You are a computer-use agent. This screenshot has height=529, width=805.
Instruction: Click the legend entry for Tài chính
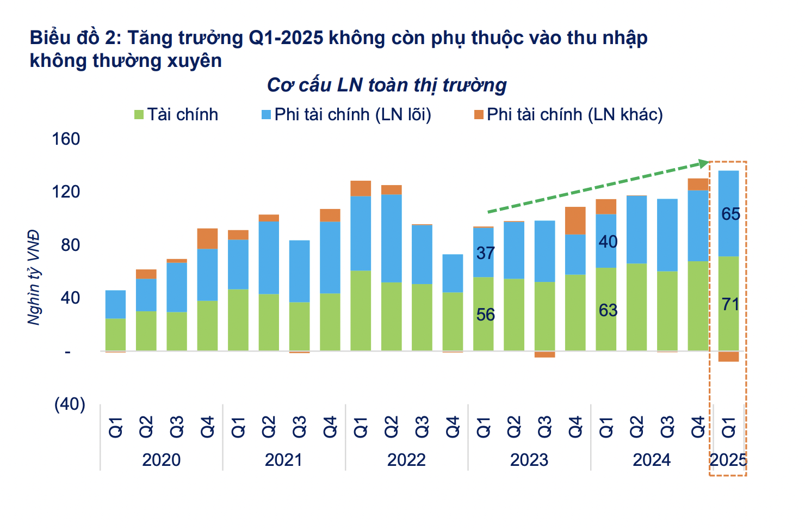coord(176,115)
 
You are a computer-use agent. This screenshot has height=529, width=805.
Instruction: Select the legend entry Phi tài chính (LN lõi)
coord(346,115)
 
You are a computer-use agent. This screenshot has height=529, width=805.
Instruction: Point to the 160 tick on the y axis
coord(66,139)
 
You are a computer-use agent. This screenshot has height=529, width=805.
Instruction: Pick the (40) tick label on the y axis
coord(70,404)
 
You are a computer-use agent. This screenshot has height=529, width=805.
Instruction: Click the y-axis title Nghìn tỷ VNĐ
coord(34,278)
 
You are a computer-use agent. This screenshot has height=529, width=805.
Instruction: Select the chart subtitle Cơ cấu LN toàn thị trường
coord(387,85)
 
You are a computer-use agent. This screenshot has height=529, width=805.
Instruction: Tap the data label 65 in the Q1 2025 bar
coord(730,214)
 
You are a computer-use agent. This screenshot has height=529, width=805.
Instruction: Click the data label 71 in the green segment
coord(730,304)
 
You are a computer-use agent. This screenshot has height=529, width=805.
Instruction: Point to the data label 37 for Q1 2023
coord(485,253)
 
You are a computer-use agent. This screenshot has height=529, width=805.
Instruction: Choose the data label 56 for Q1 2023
coord(485,315)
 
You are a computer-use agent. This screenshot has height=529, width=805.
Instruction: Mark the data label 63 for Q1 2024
coord(608,310)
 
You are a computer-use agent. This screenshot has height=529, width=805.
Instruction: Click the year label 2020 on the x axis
coord(161,460)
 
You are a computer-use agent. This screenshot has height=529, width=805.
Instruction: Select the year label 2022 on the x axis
coord(406,460)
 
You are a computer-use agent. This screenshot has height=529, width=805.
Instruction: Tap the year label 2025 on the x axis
coord(728,460)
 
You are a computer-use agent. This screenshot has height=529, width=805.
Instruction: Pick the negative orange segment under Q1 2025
coord(728,356)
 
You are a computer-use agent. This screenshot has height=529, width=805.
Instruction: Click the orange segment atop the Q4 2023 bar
coord(575,220)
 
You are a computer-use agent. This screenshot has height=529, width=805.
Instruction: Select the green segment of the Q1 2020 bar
coord(115,334)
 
